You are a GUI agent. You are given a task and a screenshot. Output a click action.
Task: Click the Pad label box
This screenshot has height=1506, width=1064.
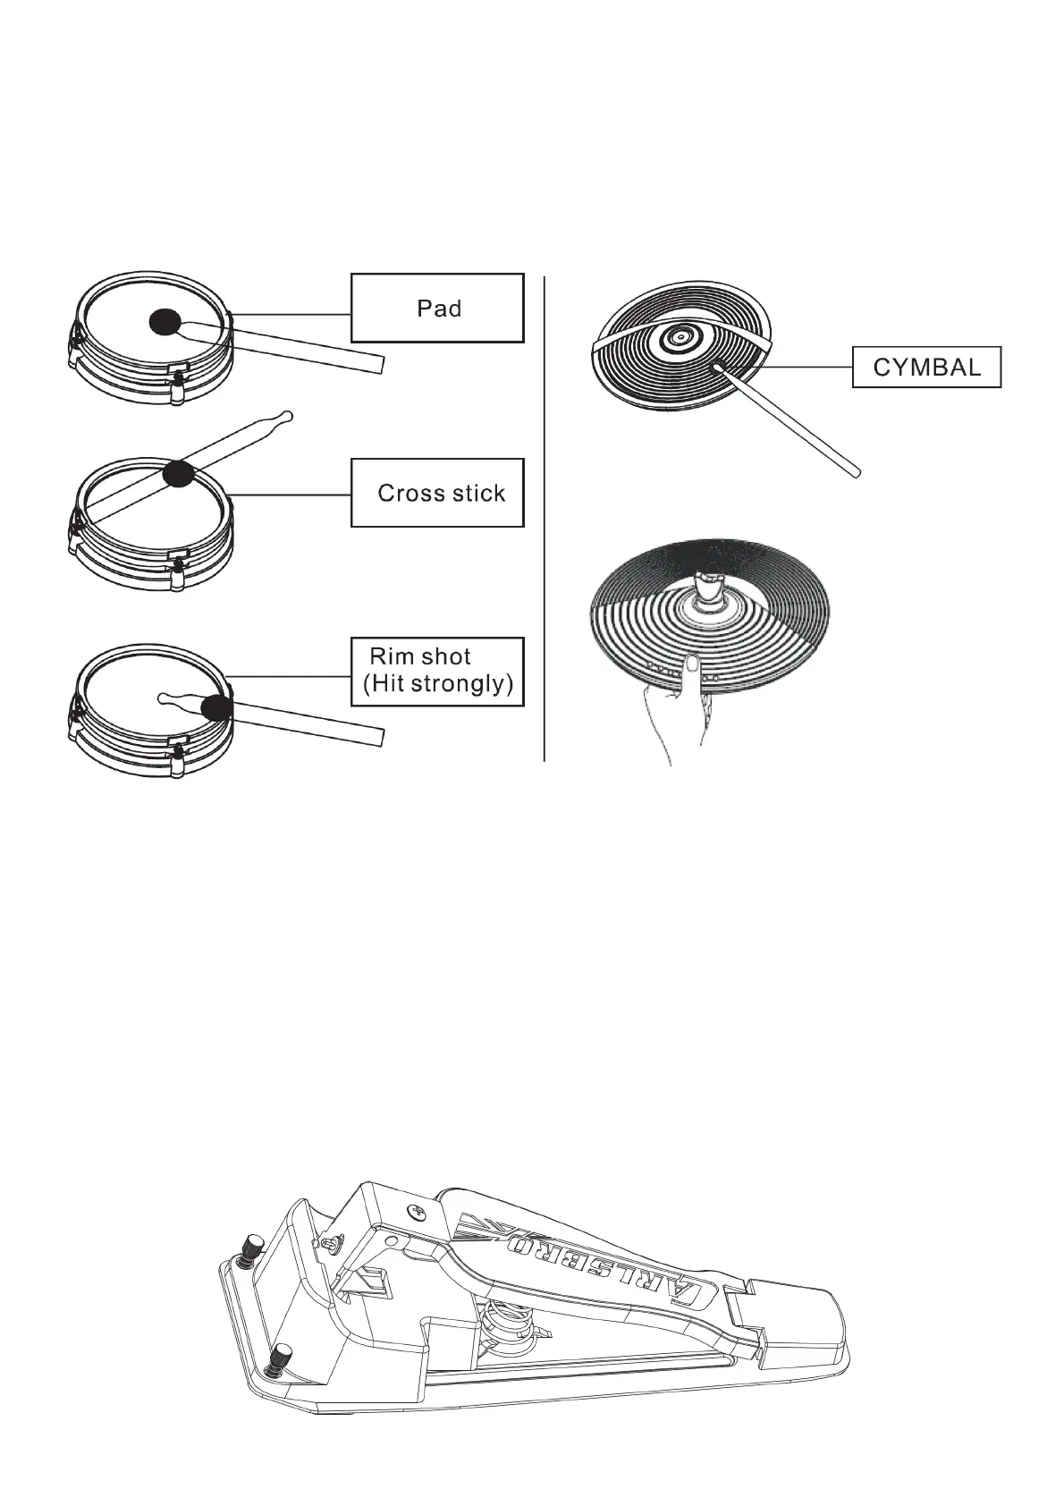click(436, 308)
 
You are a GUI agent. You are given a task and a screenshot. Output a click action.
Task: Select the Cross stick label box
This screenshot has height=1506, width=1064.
click(436, 493)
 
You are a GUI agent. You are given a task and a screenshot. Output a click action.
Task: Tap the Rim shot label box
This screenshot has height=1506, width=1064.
click(436, 671)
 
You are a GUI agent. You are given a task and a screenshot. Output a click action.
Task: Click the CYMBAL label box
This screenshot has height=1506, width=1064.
click(926, 367)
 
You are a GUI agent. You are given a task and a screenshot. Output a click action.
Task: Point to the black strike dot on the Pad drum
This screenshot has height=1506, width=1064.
click(165, 321)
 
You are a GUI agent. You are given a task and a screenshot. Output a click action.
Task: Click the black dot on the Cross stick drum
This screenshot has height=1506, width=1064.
click(179, 474)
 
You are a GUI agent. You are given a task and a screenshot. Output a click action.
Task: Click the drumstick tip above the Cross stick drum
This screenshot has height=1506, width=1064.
click(285, 415)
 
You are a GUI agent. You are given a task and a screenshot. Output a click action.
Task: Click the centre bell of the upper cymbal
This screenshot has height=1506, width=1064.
click(680, 338)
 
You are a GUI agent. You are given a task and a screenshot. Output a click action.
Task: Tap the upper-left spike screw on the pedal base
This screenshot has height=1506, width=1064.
click(254, 1246)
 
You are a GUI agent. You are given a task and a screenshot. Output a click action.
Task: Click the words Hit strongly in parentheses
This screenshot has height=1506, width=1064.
click(438, 685)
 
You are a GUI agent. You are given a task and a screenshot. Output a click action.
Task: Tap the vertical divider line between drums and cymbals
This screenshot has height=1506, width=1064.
click(544, 519)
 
